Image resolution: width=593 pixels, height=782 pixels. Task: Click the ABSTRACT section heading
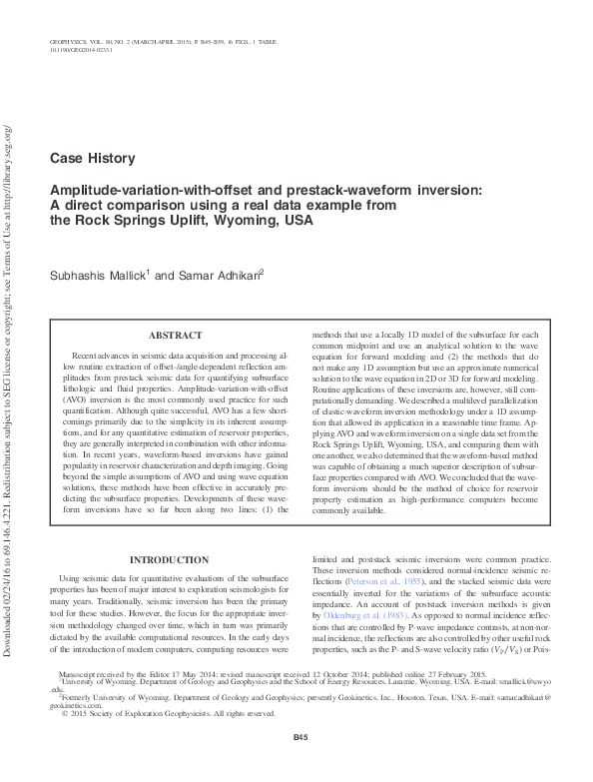pyautogui.click(x=176, y=336)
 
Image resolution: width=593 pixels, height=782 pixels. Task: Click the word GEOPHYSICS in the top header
pyautogui.click(x=68, y=39)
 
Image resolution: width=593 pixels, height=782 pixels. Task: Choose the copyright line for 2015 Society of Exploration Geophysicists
pyautogui.click(x=155, y=714)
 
